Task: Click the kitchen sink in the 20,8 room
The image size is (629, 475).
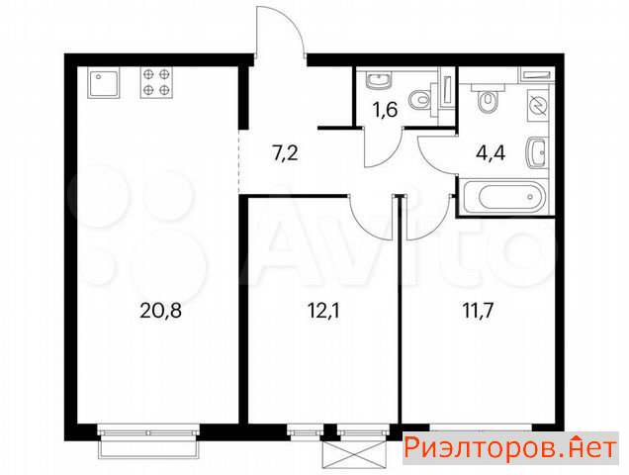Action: click(104, 83)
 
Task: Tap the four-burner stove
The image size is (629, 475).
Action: click(156, 82)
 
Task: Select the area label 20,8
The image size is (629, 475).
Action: click(160, 311)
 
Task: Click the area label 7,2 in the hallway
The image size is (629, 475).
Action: click(285, 153)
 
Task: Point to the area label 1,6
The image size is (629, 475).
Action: click(385, 110)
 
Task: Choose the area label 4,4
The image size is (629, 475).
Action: click(491, 153)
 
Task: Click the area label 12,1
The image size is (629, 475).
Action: click(323, 311)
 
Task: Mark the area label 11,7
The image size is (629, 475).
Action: click(478, 311)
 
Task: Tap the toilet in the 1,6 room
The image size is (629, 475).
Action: click(420, 99)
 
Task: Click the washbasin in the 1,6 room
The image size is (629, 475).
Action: click(378, 80)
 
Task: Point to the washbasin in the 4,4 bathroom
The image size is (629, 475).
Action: click(536, 153)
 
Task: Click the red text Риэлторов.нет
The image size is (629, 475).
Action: click(510, 448)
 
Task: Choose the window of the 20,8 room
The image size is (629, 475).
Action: click(148, 432)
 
